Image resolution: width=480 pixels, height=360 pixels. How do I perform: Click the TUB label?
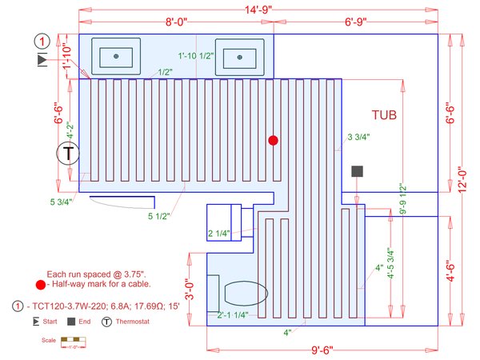tap(390, 114)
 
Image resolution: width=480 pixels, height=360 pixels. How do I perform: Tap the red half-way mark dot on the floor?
tap(273, 140)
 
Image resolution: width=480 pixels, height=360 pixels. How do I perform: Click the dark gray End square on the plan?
tap(357, 170)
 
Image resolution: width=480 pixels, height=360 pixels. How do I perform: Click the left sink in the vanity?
tap(117, 56)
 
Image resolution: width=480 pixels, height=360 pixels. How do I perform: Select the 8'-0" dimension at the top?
tap(176, 22)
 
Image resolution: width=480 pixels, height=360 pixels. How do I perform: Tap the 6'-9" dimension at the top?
tap(361, 22)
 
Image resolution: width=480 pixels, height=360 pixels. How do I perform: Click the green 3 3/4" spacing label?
tap(358, 138)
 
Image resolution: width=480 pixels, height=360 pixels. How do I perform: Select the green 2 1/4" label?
tap(219, 234)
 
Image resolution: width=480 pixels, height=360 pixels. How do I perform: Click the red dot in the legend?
tap(40, 284)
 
